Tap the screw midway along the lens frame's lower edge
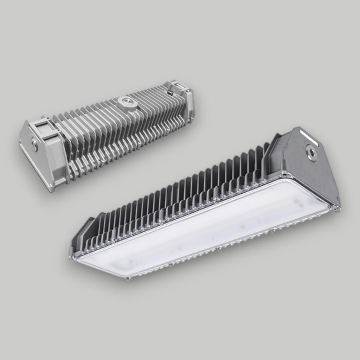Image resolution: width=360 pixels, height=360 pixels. [x=218, y=249]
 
